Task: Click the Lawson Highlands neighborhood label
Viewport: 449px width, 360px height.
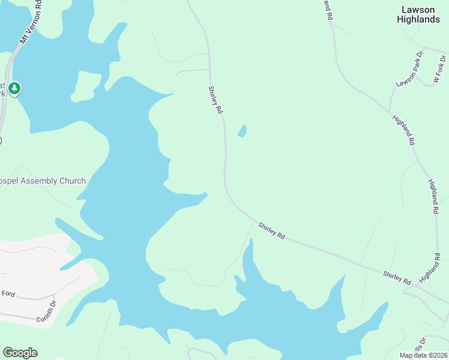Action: (x=418, y=14)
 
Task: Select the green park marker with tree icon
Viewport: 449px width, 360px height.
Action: (x=14, y=89)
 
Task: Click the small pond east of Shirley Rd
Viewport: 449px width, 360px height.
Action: (x=242, y=131)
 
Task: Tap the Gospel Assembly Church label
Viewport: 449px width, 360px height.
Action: (x=43, y=181)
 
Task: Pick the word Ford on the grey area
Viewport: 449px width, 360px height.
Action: (x=8, y=294)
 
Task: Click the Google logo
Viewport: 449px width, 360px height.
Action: (x=20, y=353)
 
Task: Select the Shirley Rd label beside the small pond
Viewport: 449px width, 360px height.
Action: (x=215, y=100)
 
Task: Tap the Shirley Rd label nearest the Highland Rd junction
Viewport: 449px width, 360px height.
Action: (x=397, y=278)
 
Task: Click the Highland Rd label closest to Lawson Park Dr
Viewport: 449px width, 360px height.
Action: (x=403, y=130)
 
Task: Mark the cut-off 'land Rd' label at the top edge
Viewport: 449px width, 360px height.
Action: (x=328, y=10)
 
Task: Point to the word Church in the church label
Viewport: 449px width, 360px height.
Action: (x=72, y=181)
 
